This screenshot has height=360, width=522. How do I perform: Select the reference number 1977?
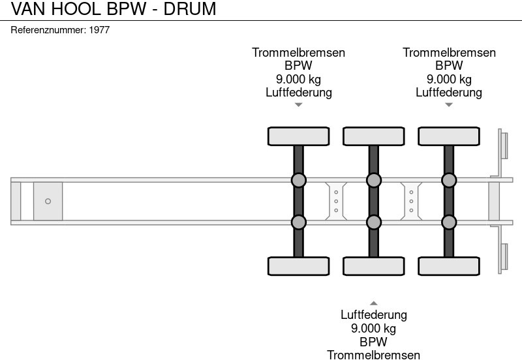coord(60,30)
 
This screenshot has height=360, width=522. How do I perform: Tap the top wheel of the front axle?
coord(298,136)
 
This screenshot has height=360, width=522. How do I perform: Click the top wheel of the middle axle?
coord(373,136)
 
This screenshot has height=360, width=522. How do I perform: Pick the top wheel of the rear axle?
coord(448,136)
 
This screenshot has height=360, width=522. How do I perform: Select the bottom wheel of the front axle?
coord(298,266)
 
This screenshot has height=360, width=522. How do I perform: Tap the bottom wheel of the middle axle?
coord(373,266)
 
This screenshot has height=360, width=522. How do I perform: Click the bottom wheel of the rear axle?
coord(448,266)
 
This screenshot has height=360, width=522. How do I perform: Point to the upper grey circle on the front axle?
coord(298,180)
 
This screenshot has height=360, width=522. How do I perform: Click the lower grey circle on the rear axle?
coord(448,222)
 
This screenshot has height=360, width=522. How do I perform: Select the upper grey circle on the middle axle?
coord(373,180)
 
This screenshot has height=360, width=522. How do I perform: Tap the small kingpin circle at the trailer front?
coord(48,202)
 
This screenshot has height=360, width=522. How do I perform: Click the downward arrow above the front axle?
coord(298,104)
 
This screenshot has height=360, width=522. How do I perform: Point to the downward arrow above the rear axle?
coord(448,104)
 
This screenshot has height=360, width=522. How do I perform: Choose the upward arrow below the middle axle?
coord(373,303)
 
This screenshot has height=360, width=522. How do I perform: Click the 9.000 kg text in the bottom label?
coord(373,328)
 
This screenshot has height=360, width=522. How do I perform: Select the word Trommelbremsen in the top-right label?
coord(449,53)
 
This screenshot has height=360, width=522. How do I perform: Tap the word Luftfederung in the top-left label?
coord(298,92)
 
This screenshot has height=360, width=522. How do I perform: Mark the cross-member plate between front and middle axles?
coord(335,201)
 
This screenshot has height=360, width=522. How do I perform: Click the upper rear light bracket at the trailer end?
coord(503,144)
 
